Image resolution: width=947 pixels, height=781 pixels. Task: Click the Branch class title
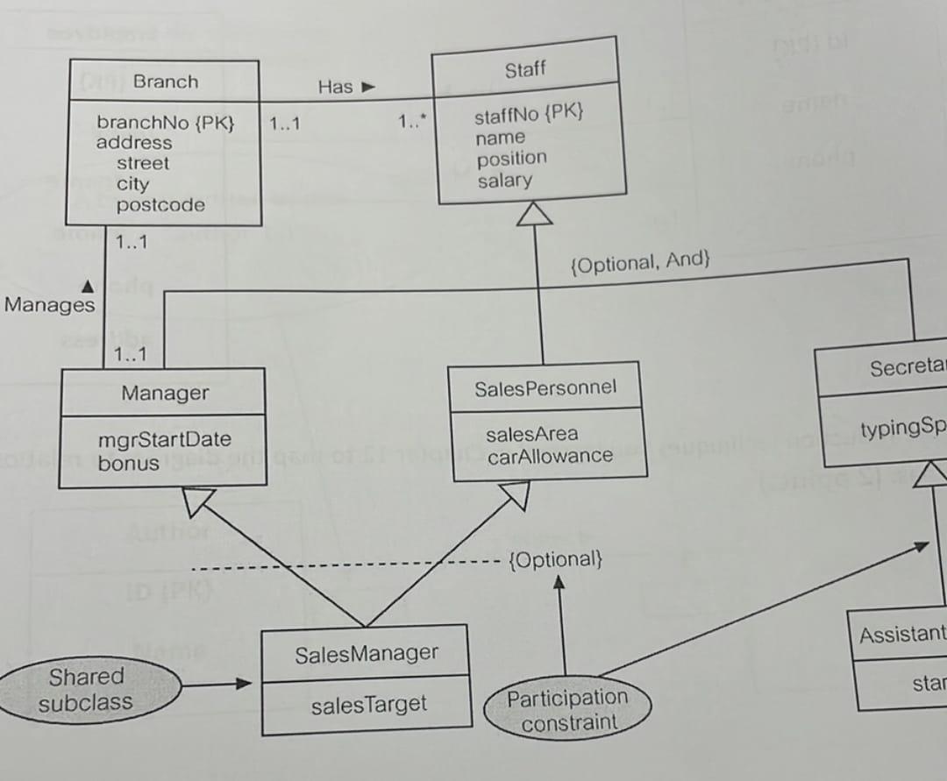pyautogui.click(x=165, y=82)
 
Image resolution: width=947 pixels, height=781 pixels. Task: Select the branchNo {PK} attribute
pyautogui.click(x=165, y=122)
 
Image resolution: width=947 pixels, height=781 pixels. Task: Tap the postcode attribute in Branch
pyautogui.click(x=160, y=205)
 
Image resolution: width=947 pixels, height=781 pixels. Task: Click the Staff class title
pyautogui.click(x=525, y=70)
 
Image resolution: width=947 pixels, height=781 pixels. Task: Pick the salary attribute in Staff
pyautogui.click(x=504, y=180)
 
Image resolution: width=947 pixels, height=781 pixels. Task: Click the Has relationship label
pyautogui.click(x=336, y=86)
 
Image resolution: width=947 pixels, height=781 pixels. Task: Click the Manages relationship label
pyautogui.click(x=49, y=305)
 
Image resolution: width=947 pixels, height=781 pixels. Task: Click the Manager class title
pyautogui.click(x=165, y=393)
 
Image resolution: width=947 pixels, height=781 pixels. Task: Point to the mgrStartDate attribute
pyautogui.click(x=165, y=439)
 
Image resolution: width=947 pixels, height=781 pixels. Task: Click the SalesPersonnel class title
pyautogui.click(x=545, y=387)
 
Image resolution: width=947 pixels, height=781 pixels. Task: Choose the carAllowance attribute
pyautogui.click(x=550, y=456)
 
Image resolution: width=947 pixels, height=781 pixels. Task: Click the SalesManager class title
pyautogui.click(x=366, y=653)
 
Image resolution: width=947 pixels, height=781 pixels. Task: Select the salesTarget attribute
pyautogui.click(x=368, y=704)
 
